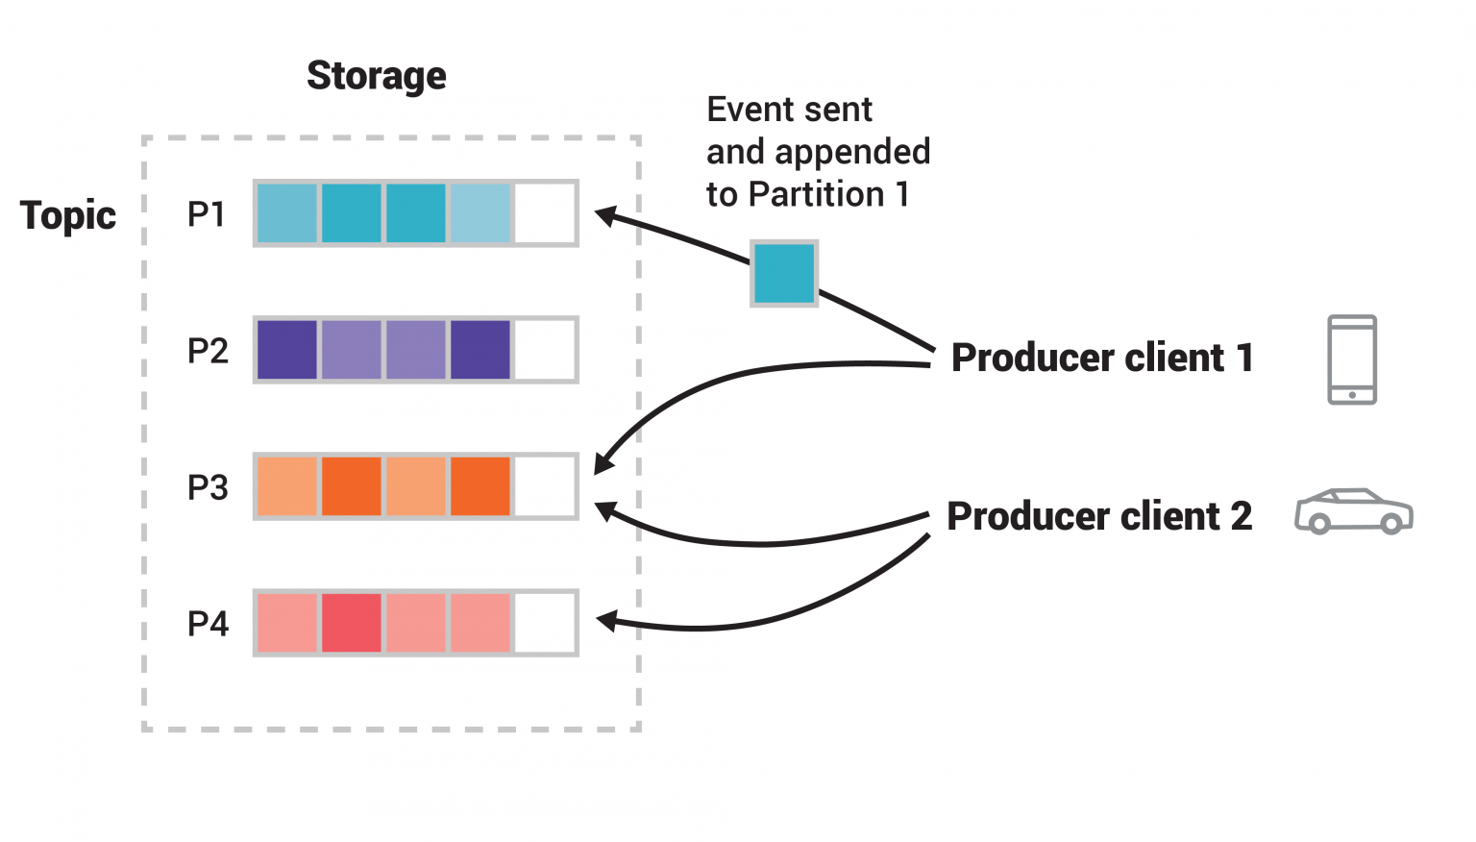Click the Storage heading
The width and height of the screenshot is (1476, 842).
(376, 76)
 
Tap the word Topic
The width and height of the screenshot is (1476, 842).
(68, 215)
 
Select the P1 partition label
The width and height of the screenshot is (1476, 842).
(207, 214)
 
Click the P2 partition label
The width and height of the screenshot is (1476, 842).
(208, 351)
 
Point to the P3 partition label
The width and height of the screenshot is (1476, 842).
(208, 487)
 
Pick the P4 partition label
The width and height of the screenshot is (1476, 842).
(208, 624)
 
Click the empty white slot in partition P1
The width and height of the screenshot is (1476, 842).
(544, 213)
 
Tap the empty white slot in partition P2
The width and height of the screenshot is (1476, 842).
(544, 350)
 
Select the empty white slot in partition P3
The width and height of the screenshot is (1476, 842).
(544, 486)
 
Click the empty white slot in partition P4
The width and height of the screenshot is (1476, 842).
(544, 623)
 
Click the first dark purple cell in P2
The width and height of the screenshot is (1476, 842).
(287, 350)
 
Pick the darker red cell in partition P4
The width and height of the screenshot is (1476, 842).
(352, 623)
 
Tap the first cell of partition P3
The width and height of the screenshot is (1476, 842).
(287, 486)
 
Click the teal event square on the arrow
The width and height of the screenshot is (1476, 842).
(784, 274)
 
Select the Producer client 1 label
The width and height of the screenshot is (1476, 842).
(1102, 358)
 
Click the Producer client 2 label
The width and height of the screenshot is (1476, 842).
(1099, 516)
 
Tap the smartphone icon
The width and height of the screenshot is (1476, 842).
(1352, 359)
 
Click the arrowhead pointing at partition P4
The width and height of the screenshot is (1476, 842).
(606, 621)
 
